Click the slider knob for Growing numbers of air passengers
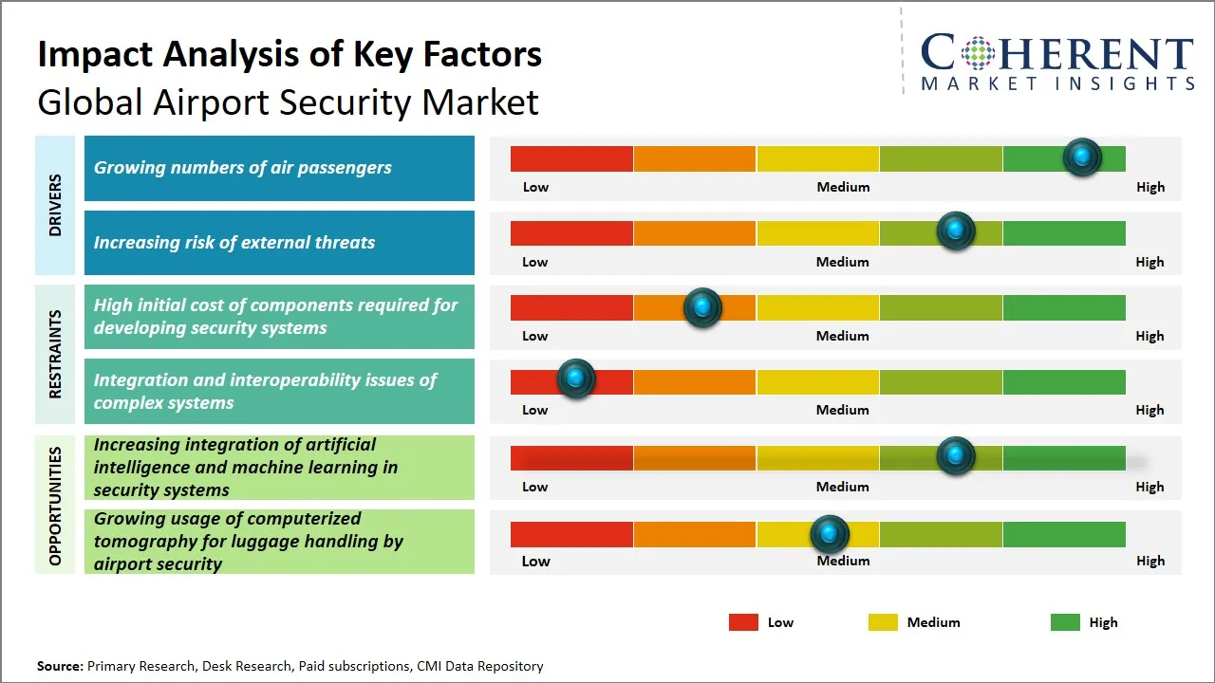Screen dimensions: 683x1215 click(x=1082, y=157)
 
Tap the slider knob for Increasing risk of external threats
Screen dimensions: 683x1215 click(x=956, y=231)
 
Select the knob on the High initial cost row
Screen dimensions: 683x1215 click(x=702, y=307)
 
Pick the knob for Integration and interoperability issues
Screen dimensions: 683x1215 click(x=575, y=379)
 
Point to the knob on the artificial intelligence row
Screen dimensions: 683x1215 click(x=956, y=456)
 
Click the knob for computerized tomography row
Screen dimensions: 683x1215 click(x=830, y=535)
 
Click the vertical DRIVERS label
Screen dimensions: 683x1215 click(x=55, y=205)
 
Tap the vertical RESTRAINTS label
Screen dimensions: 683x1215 click(x=55, y=354)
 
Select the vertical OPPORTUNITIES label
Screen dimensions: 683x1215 click(x=55, y=506)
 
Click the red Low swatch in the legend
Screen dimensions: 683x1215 click(x=743, y=622)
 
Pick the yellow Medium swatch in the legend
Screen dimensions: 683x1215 click(x=883, y=622)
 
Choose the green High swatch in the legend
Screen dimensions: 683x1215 click(x=1065, y=622)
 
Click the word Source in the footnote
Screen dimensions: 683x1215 click(x=60, y=667)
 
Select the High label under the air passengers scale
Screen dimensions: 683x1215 click(x=1150, y=187)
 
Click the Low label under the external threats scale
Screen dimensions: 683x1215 click(x=535, y=262)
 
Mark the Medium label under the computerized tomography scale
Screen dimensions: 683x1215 click(x=843, y=561)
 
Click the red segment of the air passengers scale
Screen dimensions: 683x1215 click(x=571, y=158)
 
